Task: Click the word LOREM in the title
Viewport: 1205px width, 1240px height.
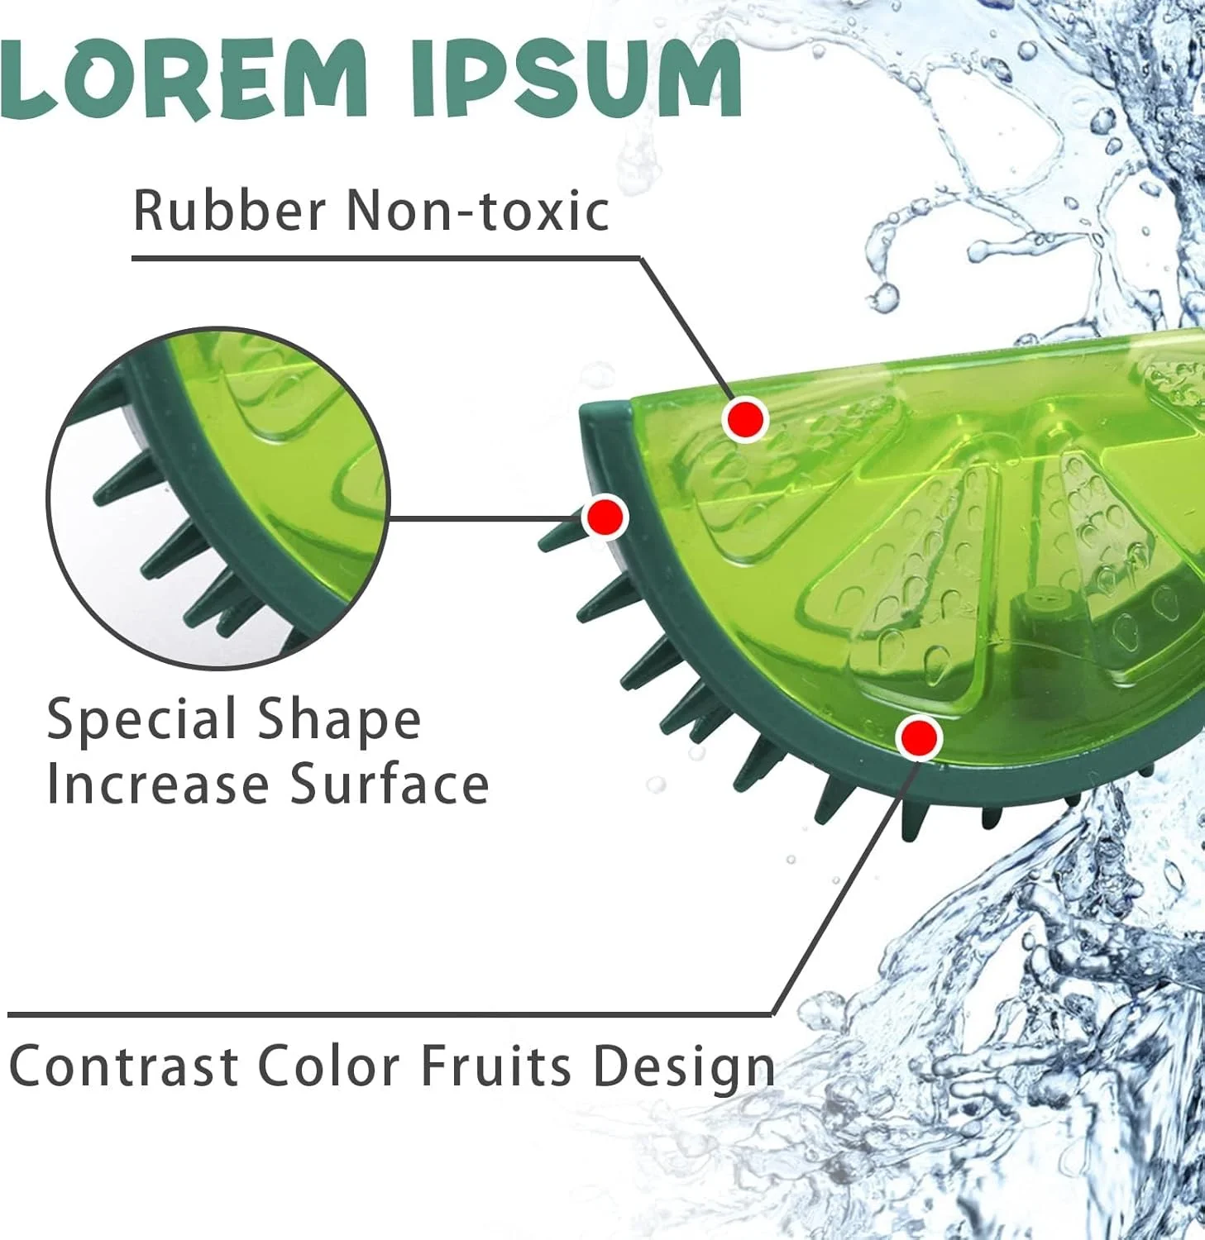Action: tap(183, 78)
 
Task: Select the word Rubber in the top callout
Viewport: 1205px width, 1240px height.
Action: tap(229, 210)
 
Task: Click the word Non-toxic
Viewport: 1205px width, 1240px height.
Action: tap(477, 210)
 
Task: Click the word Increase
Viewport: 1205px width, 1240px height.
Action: tap(157, 784)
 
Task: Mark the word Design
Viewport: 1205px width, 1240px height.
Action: tap(683, 1066)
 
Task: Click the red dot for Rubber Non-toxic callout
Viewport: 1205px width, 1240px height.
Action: tap(746, 419)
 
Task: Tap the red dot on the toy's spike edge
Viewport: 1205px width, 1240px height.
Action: tap(605, 517)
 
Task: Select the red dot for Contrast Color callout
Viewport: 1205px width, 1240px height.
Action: tap(919, 737)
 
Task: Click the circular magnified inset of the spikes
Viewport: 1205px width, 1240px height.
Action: tap(218, 498)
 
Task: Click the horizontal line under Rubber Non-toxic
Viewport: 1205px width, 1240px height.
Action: tap(386, 258)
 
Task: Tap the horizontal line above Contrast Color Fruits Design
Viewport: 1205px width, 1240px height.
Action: tap(390, 1014)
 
